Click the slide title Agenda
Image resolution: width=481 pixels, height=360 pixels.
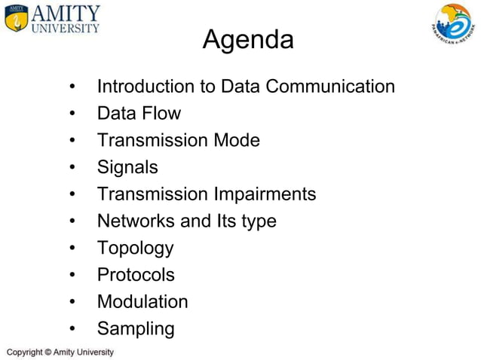click(x=248, y=39)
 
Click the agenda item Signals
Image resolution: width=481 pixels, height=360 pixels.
click(x=127, y=167)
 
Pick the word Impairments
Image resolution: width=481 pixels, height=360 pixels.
click(x=263, y=194)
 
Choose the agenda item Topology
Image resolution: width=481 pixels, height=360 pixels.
click(x=135, y=249)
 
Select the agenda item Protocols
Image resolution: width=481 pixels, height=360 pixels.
click(x=136, y=275)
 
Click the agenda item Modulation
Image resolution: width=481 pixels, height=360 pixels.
click(x=142, y=302)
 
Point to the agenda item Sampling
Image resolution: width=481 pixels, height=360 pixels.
click(x=136, y=329)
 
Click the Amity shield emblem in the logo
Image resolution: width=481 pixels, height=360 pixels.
click(x=17, y=19)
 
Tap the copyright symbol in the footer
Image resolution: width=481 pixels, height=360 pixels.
click(x=47, y=352)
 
